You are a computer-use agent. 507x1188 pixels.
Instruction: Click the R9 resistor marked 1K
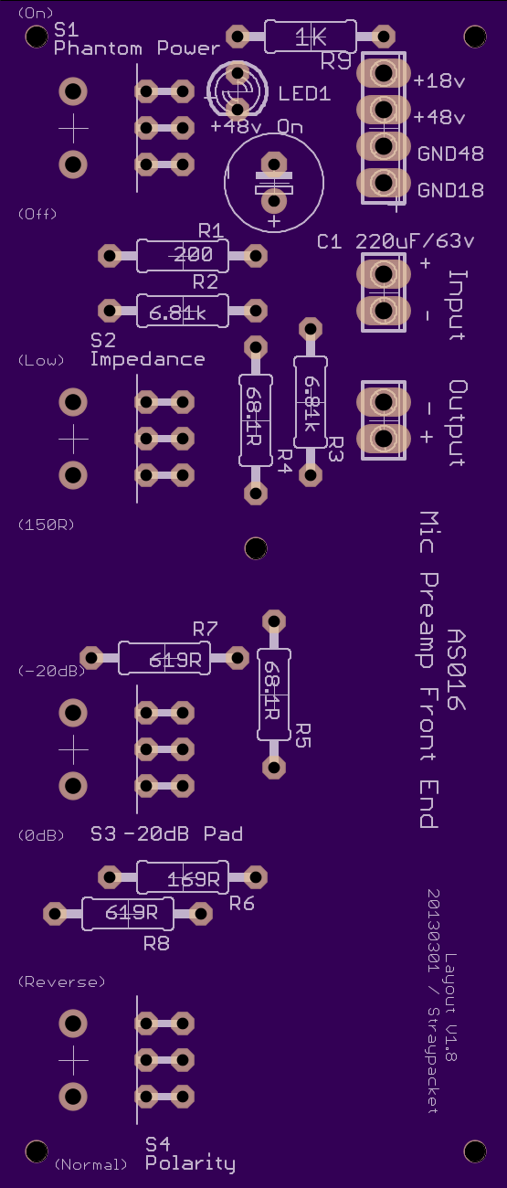[x=311, y=37]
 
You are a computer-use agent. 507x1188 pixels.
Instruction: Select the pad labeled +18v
[x=384, y=73]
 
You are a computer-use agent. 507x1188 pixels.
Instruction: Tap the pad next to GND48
[x=384, y=146]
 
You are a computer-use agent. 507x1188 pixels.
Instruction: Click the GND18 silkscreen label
[x=450, y=190]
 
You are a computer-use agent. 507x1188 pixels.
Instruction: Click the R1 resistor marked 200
[x=183, y=256]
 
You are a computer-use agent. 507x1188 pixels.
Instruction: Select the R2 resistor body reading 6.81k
[x=183, y=311]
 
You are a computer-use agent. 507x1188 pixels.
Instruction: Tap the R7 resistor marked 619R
[x=164, y=658]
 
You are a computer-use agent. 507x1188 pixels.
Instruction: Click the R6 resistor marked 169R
[x=183, y=877]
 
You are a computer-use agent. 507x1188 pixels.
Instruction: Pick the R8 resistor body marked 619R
[x=128, y=914]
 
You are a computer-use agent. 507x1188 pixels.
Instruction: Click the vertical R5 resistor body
[x=274, y=695]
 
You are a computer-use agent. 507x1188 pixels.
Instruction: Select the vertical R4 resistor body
[x=256, y=420]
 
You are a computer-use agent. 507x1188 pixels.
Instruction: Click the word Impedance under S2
[x=147, y=359]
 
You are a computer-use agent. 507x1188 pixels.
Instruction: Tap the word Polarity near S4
[x=190, y=1163]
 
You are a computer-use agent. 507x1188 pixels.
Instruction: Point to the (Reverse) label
[x=61, y=982]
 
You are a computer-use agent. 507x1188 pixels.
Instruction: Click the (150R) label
[x=47, y=525]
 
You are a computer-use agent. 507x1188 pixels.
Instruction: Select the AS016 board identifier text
[x=456, y=670]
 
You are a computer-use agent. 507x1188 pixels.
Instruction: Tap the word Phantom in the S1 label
[x=98, y=48]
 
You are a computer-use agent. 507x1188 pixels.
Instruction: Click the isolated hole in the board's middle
[x=256, y=548]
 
